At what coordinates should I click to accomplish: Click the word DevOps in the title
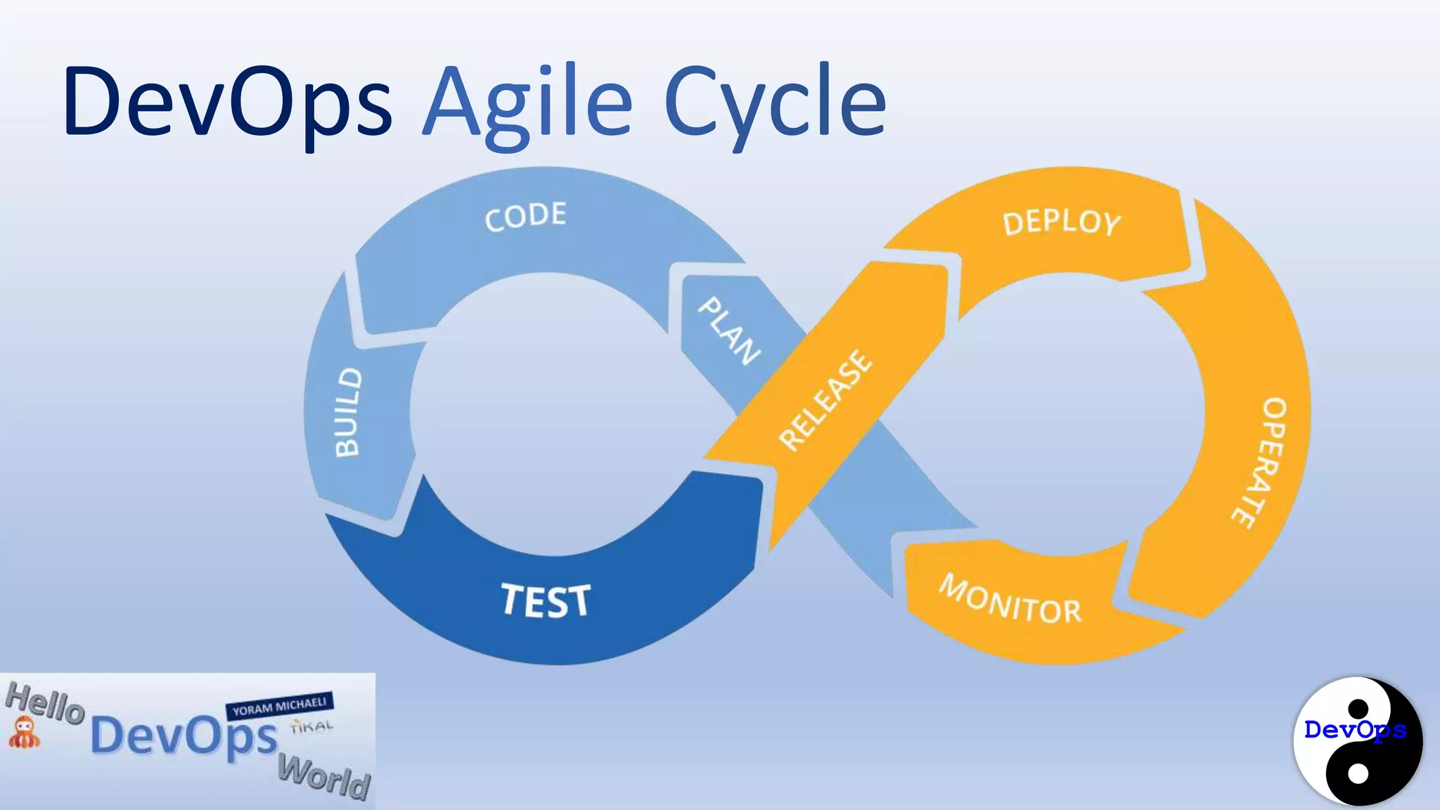226,102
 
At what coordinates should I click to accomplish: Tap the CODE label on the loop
525,216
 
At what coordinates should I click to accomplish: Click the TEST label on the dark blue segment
546,601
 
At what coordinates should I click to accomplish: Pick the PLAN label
728,330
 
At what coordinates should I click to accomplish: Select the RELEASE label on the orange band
825,400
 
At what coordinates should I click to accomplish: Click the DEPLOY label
1061,223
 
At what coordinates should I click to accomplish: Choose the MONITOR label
1010,600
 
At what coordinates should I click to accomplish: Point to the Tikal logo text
311,726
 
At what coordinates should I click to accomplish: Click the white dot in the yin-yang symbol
1358,773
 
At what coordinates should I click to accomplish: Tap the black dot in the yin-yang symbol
1358,707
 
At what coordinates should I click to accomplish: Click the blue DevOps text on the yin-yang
1354,730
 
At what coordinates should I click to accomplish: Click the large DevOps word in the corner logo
184,737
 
